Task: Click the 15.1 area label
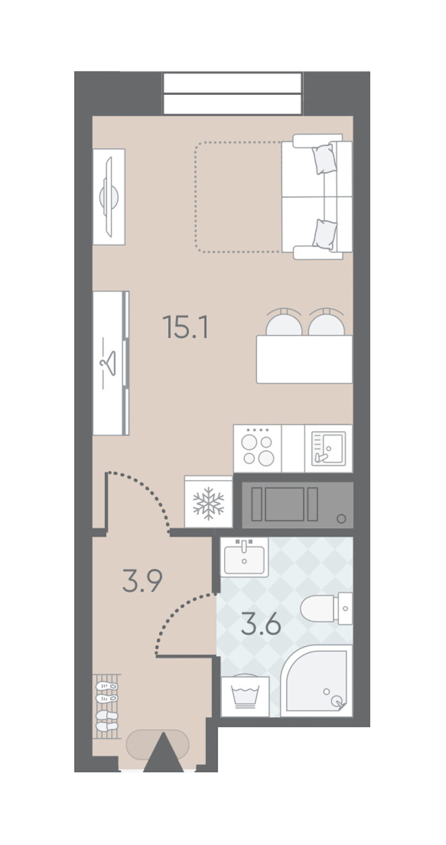tap(185, 327)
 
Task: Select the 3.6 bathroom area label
tap(261, 624)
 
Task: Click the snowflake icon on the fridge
tap(208, 503)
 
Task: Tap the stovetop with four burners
tap(257, 449)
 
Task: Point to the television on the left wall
tap(109, 197)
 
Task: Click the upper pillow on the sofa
tap(324, 158)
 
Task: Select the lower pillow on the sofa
tap(325, 234)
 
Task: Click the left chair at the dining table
tap(284, 322)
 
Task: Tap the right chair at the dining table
tap(327, 322)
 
